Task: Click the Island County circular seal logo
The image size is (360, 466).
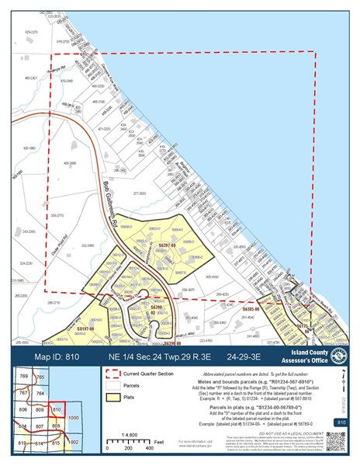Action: click(338, 355)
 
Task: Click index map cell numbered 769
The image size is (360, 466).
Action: click(25, 376)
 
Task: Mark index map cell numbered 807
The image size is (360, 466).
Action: click(41, 426)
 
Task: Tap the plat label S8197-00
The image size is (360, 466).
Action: click(85, 329)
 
